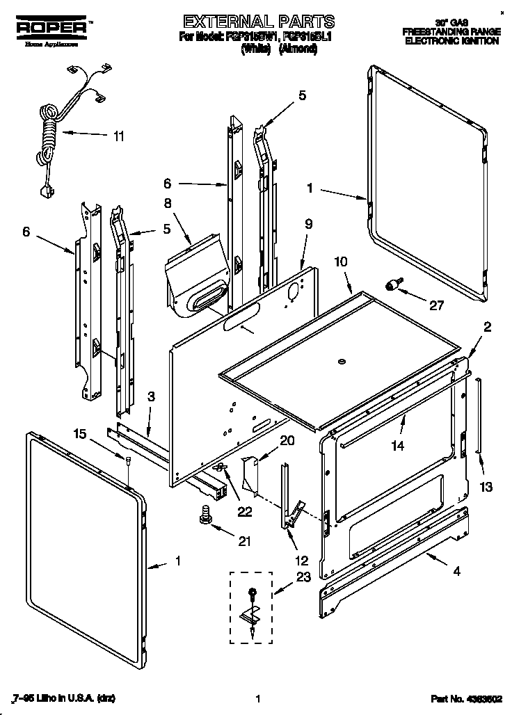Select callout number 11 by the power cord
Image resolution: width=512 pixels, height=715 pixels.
119,136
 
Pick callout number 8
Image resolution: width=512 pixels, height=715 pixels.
167,204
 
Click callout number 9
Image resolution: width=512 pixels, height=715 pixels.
308,224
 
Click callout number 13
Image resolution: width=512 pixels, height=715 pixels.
487,487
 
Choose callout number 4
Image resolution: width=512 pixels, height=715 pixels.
456,572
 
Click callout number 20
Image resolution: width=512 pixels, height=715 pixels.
287,440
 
